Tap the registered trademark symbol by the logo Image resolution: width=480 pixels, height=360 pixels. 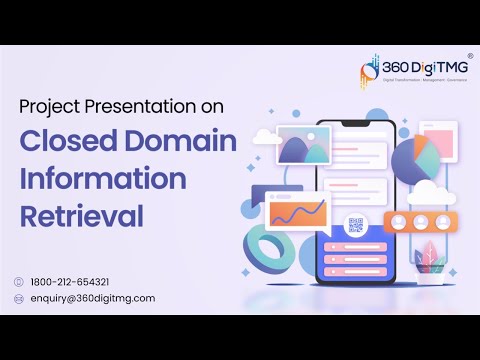pos(469,57)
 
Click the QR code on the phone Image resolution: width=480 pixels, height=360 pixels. pos(354,224)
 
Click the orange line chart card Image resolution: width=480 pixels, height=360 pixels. pos(297,212)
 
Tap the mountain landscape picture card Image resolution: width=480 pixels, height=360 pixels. pos(305,146)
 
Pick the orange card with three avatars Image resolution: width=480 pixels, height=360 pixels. pos(420,220)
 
